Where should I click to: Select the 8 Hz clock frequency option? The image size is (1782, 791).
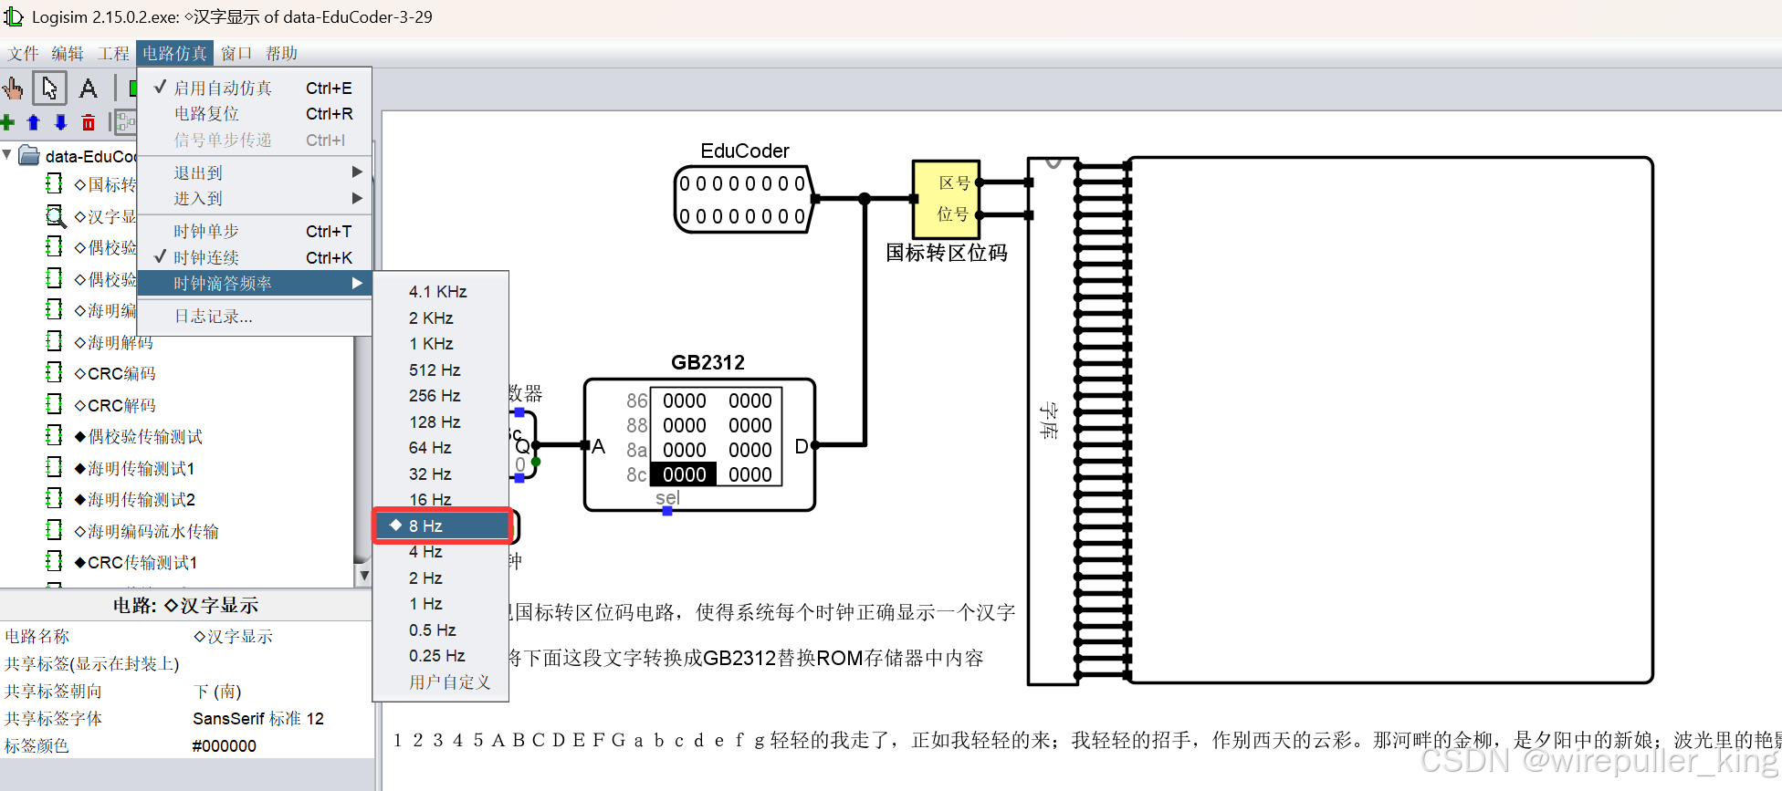425,526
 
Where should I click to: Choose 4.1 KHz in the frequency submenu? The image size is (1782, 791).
437,292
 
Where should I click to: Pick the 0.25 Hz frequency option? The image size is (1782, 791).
436,656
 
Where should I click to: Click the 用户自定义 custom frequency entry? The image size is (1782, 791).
449,682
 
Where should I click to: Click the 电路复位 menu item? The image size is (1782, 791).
207,114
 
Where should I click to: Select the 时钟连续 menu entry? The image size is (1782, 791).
206,258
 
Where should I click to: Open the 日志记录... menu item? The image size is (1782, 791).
214,317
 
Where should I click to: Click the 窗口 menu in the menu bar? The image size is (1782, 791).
236,54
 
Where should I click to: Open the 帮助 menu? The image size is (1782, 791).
282,54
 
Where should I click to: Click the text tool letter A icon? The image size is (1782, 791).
89,88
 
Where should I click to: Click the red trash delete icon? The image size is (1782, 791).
89,122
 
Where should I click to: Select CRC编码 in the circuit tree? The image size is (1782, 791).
121,374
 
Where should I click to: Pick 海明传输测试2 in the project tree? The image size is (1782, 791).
141,500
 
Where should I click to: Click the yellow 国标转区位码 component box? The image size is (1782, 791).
946,199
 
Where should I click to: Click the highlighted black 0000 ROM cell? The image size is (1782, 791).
684,474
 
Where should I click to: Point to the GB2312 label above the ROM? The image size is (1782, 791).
708,362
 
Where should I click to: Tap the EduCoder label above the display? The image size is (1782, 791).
744,151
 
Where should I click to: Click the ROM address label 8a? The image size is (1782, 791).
636,450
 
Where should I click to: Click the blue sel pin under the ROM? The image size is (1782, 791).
667,511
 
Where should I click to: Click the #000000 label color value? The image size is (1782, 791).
225,746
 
